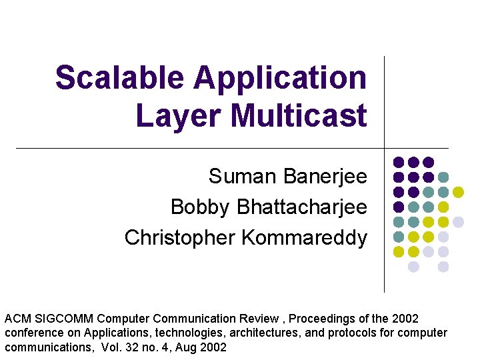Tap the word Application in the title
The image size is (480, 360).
tap(280, 78)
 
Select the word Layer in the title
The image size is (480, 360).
tap(179, 115)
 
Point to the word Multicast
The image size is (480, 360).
tap(299, 115)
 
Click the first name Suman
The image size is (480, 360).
tap(243, 177)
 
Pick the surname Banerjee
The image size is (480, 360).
tap(325, 177)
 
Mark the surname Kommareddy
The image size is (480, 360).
tap(304, 237)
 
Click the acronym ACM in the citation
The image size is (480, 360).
tap(17, 318)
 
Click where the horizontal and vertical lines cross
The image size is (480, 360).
tap(385, 148)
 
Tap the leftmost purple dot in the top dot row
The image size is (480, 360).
tap(399, 162)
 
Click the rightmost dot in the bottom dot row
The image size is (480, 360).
tap(443, 267)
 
